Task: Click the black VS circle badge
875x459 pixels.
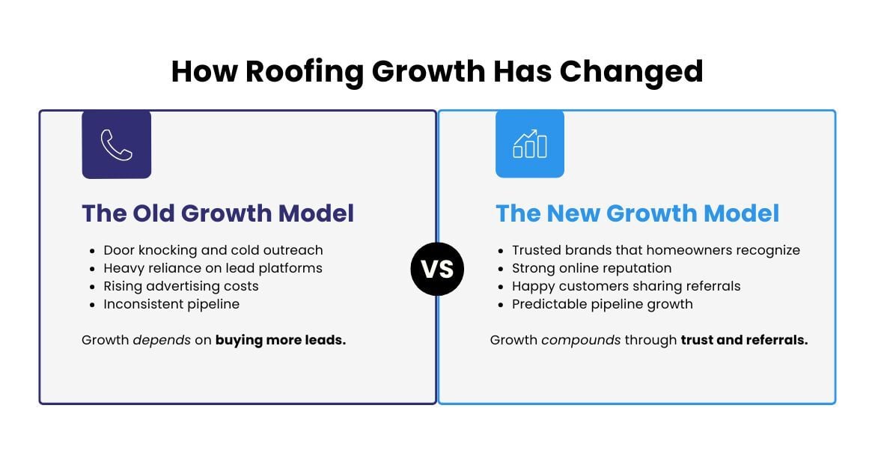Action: pos(437,269)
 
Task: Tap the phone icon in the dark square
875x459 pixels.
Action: pos(117,145)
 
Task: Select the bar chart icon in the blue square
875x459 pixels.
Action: pos(530,145)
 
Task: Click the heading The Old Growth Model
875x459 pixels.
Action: pos(218,213)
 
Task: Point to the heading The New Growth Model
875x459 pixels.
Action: pos(637,213)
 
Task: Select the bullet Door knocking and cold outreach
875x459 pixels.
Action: pos(213,250)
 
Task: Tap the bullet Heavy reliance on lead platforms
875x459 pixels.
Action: pos(213,268)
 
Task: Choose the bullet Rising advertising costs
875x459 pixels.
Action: pos(181,286)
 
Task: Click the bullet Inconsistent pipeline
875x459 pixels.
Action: pos(171,304)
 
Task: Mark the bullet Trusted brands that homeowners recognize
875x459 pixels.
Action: pos(656,250)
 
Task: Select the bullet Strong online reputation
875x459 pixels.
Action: pos(591,268)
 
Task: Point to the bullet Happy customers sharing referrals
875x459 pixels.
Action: pos(626,286)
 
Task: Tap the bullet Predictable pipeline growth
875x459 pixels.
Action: pos(602,304)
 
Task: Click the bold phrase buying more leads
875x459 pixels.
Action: pos(281,340)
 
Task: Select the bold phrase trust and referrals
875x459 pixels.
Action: pos(744,340)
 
